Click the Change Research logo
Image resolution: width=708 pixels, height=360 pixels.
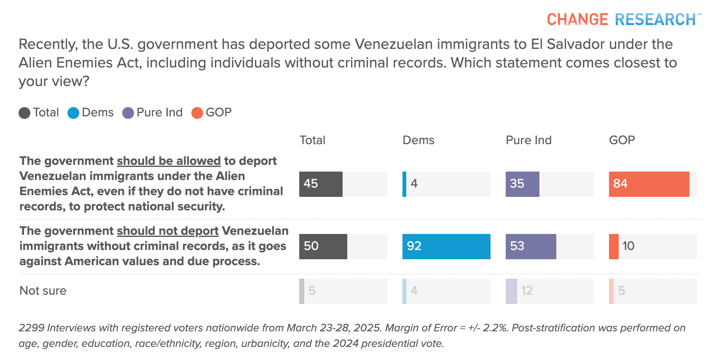point(623,19)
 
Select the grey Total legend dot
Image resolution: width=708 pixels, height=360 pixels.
point(24,113)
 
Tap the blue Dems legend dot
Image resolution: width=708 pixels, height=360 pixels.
point(73,113)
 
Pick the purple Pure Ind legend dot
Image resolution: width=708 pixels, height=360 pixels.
point(128,113)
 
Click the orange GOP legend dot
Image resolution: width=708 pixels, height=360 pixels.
point(197,113)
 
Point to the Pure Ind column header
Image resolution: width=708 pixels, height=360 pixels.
point(528,140)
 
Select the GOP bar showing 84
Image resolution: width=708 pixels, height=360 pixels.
point(649,184)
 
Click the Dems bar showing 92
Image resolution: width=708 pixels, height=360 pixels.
point(446,246)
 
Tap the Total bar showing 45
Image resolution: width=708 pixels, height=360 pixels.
point(321,184)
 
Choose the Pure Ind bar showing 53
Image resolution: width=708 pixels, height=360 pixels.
point(531,246)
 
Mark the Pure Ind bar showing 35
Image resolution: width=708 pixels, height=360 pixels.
point(522,184)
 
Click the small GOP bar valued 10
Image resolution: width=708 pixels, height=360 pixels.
point(614,246)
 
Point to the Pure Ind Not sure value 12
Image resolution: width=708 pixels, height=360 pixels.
point(527,291)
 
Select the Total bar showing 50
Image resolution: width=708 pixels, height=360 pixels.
point(323,246)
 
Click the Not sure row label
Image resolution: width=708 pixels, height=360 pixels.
point(43,291)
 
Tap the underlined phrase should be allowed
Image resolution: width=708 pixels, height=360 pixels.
point(169,161)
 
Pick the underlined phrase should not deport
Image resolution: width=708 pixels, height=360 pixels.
point(167,231)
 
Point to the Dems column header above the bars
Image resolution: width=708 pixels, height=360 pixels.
point(418,140)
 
